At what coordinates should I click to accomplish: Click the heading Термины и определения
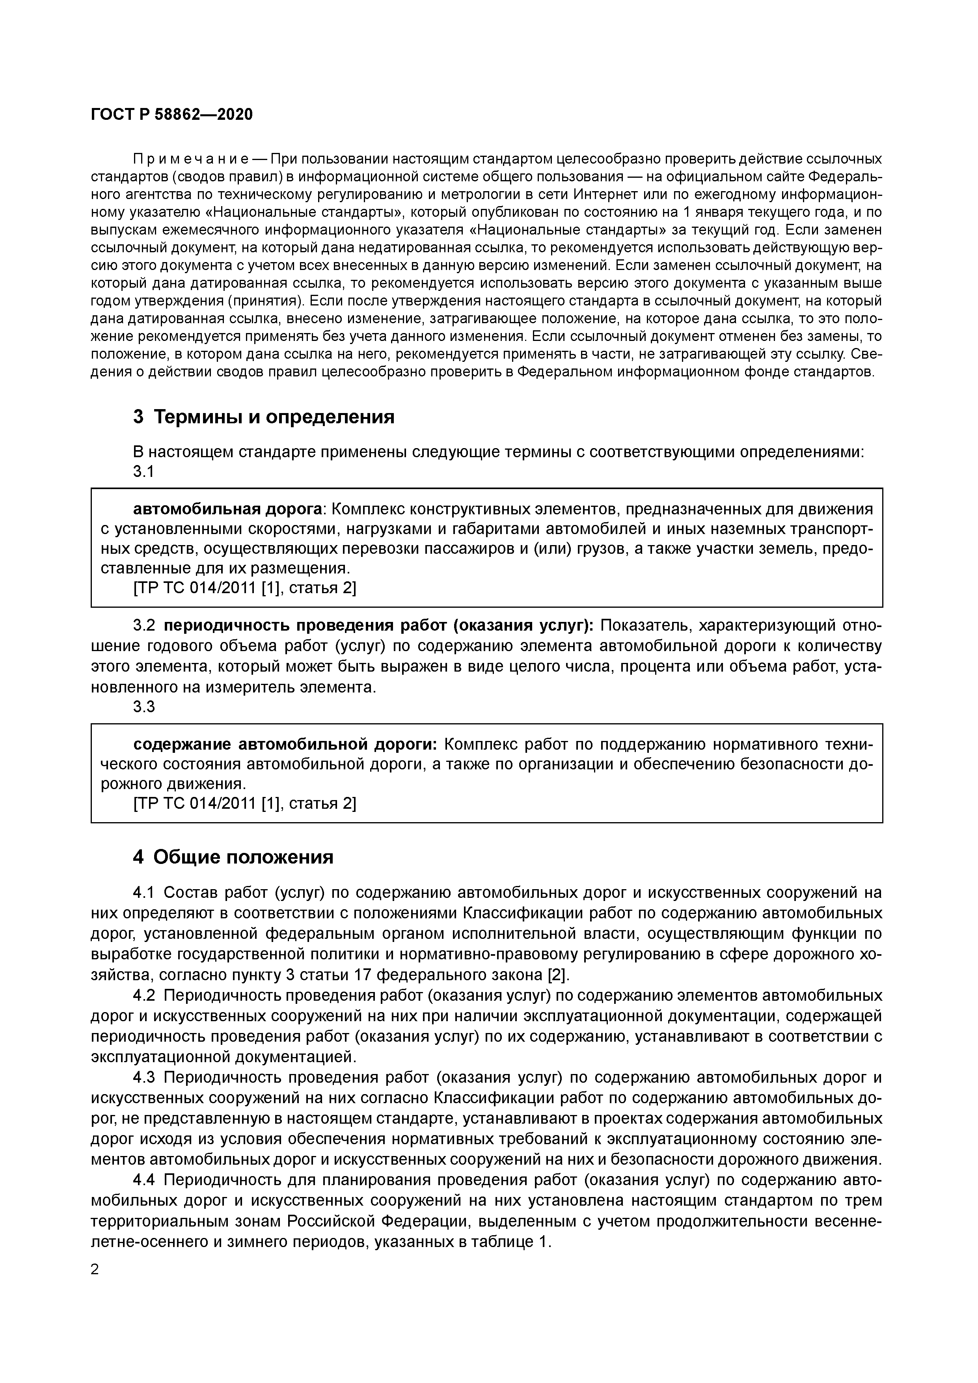tap(274, 417)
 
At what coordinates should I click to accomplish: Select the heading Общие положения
tap(244, 857)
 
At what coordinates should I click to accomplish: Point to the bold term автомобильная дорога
tap(227, 510)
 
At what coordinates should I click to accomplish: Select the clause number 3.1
tap(143, 472)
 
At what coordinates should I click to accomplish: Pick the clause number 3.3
tap(143, 707)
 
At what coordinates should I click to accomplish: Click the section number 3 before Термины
tap(139, 417)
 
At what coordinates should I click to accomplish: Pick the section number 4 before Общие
tap(139, 857)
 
